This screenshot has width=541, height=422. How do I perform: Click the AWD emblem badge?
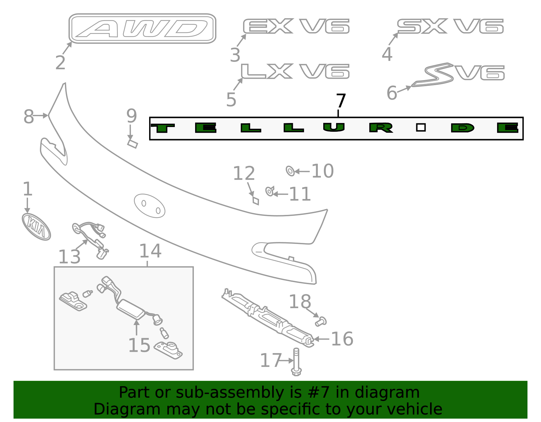pyautogui.click(x=142, y=29)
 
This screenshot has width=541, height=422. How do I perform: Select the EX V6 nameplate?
pyautogui.click(x=296, y=26)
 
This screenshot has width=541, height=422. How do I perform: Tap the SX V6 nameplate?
pyautogui.click(x=450, y=26)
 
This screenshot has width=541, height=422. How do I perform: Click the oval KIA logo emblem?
pyautogui.click(x=36, y=227)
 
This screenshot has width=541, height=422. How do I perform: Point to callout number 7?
pyautogui.click(x=341, y=101)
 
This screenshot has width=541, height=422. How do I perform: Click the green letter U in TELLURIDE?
pyautogui.click(x=334, y=127)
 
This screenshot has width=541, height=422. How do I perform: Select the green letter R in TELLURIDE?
pyautogui.click(x=381, y=128)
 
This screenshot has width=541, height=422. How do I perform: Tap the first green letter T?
pyautogui.click(x=163, y=128)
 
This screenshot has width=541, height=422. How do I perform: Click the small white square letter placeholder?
pyautogui.click(x=421, y=127)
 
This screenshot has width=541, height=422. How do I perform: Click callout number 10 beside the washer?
pyautogui.click(x=322, y=171)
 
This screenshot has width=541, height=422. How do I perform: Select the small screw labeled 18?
pyautogui.click(x=321, y=321)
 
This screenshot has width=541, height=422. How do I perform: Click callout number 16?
pyautogui.click(x=342, y=339)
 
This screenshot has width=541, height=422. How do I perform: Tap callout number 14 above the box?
pyautogui.click(x=150, y=251)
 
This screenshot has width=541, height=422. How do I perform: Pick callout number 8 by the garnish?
pyautogui.click(x=29, y=117)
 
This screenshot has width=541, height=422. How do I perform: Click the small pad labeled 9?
pyautogui.click(x=132, y=144)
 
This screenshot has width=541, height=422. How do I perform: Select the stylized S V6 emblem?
pyautogui.click(x=458, y=74)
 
